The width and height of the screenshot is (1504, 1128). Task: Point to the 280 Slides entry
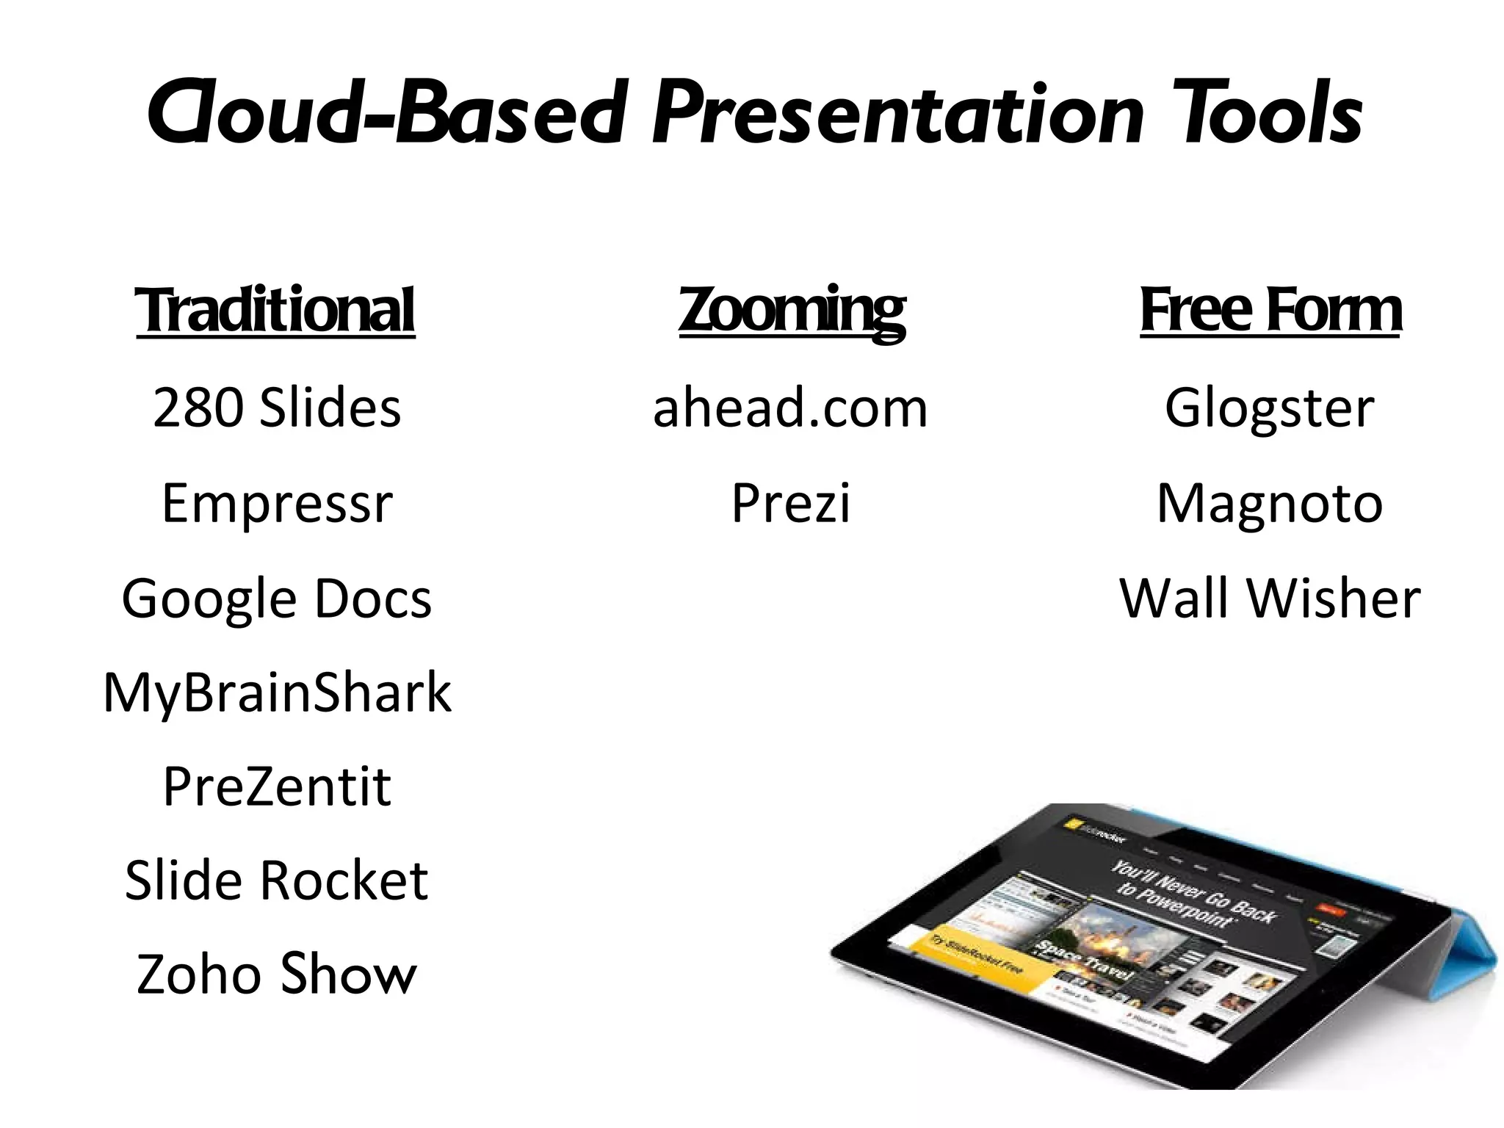pos(277,408)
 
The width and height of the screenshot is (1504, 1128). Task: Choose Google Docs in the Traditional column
pos(277,599)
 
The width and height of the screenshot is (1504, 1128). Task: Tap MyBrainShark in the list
pos(277,693)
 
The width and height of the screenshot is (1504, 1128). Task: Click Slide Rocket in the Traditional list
pos(277,881)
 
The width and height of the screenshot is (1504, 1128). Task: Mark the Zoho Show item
pos(277,975)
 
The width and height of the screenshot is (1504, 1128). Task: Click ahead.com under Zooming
pos(791,408)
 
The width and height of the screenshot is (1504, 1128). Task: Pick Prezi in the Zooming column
pos(791,503)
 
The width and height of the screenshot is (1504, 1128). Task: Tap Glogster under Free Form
pos(1270,408)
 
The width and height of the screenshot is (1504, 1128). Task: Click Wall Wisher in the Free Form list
pos(1270,599)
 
